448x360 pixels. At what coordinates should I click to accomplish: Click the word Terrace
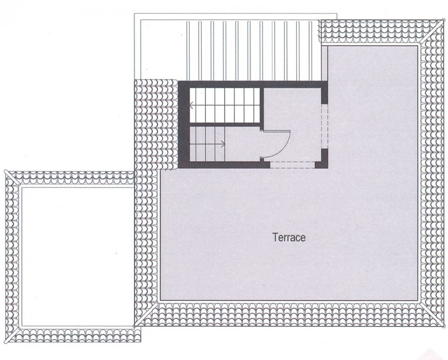click(289, 238)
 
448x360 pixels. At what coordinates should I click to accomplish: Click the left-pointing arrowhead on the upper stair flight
click(192, 105)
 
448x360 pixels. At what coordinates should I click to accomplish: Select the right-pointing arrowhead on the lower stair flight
click(223, 144)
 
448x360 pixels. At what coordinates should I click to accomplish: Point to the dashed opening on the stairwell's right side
click(325, 126)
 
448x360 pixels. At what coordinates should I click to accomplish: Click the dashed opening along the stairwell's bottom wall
click(292, 165)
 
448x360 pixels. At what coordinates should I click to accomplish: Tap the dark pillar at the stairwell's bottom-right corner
click(322, 159)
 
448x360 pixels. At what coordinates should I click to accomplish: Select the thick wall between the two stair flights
click(225, 125)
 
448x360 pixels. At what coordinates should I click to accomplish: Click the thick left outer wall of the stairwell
click(184, 125)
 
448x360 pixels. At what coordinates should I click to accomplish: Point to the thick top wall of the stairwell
click(253, 84)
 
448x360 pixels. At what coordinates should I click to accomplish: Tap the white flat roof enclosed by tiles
click(78, 256)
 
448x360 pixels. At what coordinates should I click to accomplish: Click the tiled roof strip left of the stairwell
click(156, 125)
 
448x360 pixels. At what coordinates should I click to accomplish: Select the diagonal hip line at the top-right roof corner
click(430, 32)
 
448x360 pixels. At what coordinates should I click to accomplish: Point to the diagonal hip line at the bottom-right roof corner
click(431, 313)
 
